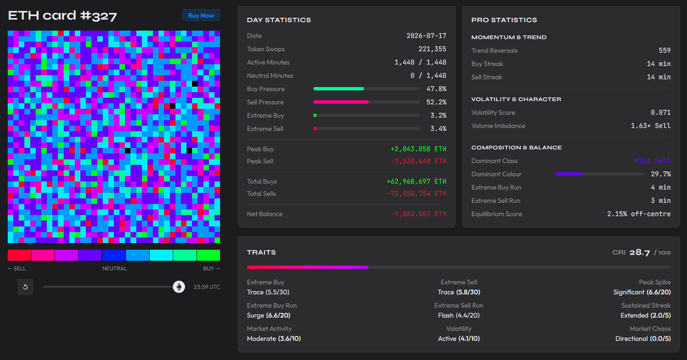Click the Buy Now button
click(201, 15)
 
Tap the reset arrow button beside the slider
click(25, 287)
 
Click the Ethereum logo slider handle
click(179, 287)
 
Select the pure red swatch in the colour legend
click(19, 255)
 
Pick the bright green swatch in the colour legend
click(209, 255)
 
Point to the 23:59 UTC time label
click(207, 287)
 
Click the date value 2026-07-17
click(426, 36)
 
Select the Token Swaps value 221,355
click(433, 49)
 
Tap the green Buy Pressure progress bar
click(339, 89)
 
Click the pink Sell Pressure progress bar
click(341, 102)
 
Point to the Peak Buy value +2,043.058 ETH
click(418, 149)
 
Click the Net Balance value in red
click(418, 214)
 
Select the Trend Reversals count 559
click(665, 50)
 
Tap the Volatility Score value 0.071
click(661, 113)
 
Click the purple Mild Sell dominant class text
click(653, 161)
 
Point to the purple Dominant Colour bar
click(569, 174)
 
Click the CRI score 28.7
click(639, 252)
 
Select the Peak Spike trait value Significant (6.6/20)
click(642, 292)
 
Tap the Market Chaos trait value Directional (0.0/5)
click(643, 339)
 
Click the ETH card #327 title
click(62, 16)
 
